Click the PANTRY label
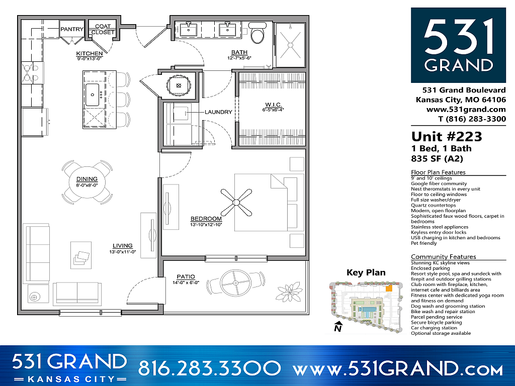pyautogui.click(x=72, y=29)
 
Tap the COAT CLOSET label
pyautogui.click(x=103, y=29)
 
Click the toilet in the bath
pyautogui.click(x=258, y=34)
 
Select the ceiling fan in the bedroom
pyautogui.click(x=235, y=201)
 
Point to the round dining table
pyautogui.click(x=87, y=182)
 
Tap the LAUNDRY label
pyautogui.click(x=218, y=112)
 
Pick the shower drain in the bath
pyautogui.click(x=290, y=45)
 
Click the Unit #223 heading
pyautogui.click(x=446, y=137)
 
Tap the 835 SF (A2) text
pyautogui.click(x=437, y=159)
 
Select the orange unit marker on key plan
pyautogui.click(x=388, y=289)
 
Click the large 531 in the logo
pyautogui.click(x=458, y=37)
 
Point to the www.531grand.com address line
pyautogui.click(x=466, y=109)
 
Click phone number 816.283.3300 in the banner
pyautogui.click(x=209, y=368)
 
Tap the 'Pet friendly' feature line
pyautogui.click(x=424, y=243)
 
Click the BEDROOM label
pyautogui.click(x=206, y=219)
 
